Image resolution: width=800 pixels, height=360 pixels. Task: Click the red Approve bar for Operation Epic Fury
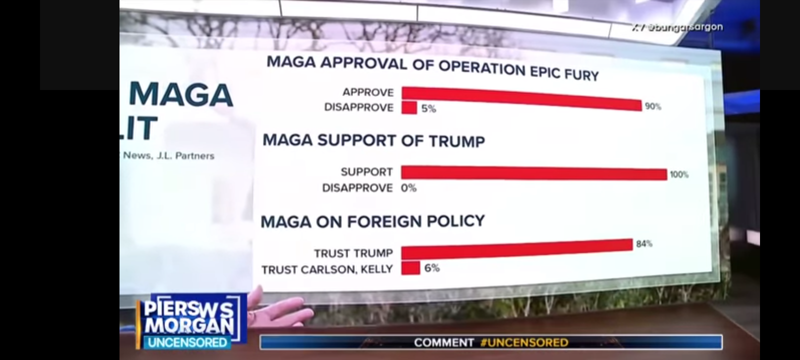(520, 98)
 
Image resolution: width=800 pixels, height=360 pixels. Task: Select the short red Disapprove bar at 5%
(409, 107)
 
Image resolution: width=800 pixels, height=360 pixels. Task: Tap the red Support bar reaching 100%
(533, 173)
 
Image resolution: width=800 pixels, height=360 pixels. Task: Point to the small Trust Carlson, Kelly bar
(410, 268)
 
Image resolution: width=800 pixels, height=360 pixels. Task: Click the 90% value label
(652, 106)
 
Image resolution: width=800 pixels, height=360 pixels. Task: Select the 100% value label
(679, 174)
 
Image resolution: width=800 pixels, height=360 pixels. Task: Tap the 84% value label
(644, 244)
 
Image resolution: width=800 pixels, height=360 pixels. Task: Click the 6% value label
(432, 268)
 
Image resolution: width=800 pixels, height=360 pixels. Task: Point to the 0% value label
(408, 188)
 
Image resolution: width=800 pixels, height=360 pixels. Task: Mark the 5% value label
(428, 108)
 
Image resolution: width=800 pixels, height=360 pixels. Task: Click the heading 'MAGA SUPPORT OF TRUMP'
(373, 140)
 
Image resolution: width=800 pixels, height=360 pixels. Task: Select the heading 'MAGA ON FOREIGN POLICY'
(372, 221)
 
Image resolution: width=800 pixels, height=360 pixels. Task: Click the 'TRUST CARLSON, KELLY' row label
(327, 269)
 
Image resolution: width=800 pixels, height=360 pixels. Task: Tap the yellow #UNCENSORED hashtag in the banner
(524, 342)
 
